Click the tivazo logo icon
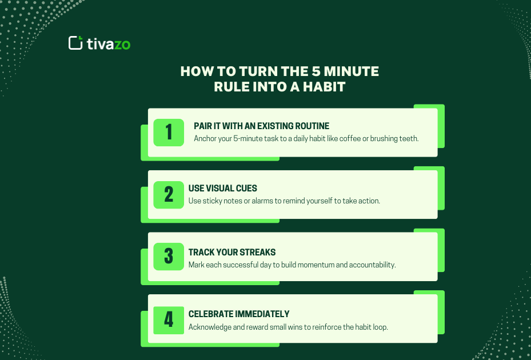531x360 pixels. tap(75, 43)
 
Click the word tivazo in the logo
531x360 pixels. tap(109, 43)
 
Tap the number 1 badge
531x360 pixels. tap(169, 133)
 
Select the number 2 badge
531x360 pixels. tap(169, 195)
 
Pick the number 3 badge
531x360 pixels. tap(169, 257)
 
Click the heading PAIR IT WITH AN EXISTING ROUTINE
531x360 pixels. tap(261, 126)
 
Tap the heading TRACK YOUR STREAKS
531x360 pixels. tap(232, 252)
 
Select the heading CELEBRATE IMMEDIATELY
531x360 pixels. tap(239, 314)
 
